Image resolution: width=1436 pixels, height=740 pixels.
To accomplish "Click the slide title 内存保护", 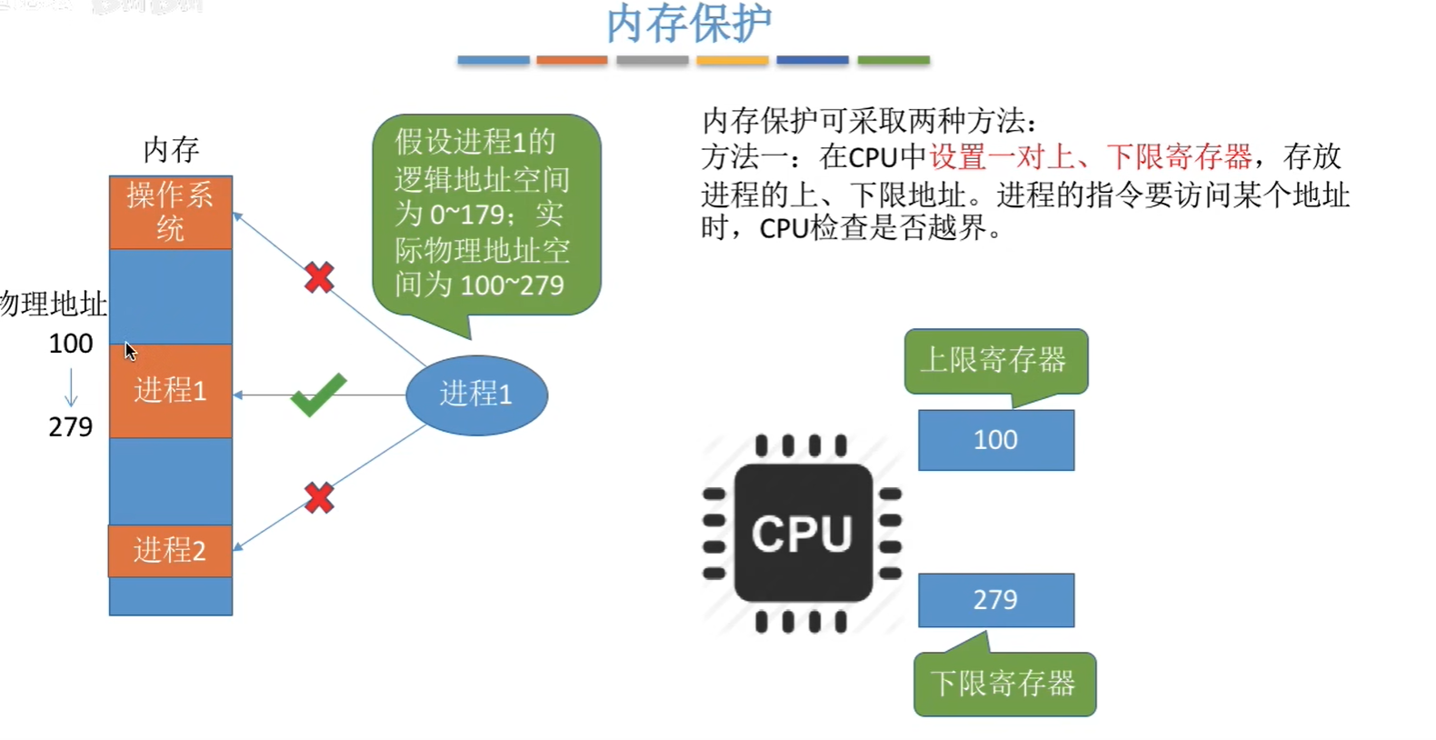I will pos(689,24).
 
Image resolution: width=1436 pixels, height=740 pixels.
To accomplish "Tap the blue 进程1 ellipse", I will pos(476,395).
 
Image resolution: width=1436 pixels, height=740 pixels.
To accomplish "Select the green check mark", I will pos(317,395).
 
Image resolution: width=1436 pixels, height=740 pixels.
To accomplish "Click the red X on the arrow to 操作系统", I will pos(319,277).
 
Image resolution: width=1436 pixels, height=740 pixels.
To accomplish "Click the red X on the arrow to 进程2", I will pos(319,497).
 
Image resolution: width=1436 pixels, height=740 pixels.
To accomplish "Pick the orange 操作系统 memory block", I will pos(171,212).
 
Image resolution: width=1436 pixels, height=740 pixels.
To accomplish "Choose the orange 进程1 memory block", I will pos(171,390).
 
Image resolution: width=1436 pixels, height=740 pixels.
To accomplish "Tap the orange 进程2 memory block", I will pos(171,550).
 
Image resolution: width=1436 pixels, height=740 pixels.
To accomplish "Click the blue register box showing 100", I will pos(996,440).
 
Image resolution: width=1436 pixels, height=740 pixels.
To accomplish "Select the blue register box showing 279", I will pos(996,600).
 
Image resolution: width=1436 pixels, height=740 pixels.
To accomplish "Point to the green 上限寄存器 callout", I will pos(995,361).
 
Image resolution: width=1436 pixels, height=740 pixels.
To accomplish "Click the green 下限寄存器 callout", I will pos(1004,684).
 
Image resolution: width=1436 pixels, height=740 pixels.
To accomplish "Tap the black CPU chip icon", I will pos(803,533).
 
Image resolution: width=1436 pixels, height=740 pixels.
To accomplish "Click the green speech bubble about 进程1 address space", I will pos(485,214).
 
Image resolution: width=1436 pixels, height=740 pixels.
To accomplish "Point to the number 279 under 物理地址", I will pos(71,426).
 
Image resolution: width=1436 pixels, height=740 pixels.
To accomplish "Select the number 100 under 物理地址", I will pos(71,344).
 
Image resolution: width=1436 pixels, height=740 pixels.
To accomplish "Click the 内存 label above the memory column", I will pos(171,150).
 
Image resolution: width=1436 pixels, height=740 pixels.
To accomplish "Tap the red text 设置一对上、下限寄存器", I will pos(1090,157).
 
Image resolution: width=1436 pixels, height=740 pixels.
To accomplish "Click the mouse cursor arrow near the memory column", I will pos(130,351).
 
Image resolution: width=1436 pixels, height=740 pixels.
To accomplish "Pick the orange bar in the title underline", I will pos(572,60).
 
